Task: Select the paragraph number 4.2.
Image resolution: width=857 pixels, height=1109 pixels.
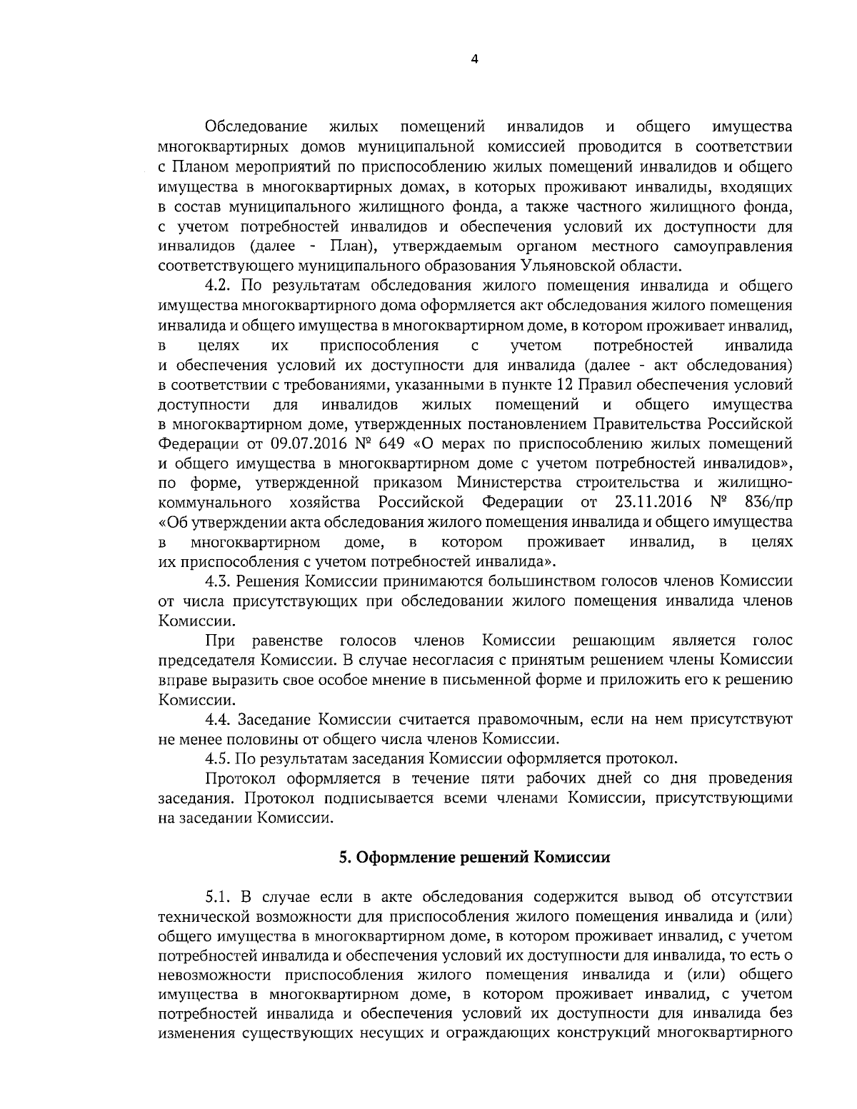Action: pos(219,286)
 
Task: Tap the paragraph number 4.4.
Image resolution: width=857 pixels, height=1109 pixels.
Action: pos(219,718)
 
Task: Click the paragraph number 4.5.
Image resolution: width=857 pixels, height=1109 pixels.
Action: pos(219,758)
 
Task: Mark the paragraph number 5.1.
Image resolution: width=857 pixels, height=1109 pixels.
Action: pos(219,896)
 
